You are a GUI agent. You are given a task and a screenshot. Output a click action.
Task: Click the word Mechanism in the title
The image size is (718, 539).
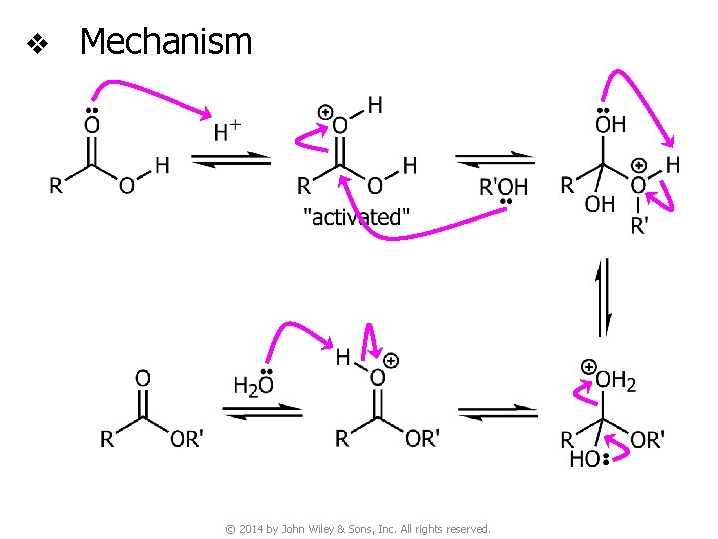tap(166, 42)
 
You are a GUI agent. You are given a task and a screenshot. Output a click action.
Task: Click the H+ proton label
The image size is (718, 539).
tap(228, 130)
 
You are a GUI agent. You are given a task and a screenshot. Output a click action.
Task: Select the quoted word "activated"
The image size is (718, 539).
tap(356, 217)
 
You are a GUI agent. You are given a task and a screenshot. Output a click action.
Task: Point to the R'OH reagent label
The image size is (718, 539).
tap(504, 187)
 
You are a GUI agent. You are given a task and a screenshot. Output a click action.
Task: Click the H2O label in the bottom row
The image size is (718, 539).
tap(253, 385)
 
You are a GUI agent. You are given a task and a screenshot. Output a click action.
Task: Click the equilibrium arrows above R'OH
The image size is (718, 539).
tap(495, 159)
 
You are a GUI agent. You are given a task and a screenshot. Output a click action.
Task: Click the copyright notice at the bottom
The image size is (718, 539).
tap(359, 528)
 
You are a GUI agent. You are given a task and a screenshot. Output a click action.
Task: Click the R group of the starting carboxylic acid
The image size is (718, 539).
tap(57, 185)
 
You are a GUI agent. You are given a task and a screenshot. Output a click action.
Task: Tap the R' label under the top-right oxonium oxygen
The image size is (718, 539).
tap(639, 226)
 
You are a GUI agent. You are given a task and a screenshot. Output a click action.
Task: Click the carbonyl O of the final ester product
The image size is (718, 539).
tap(143, 378)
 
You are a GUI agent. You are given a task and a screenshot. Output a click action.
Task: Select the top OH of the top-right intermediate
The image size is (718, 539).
tap(610, 124)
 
